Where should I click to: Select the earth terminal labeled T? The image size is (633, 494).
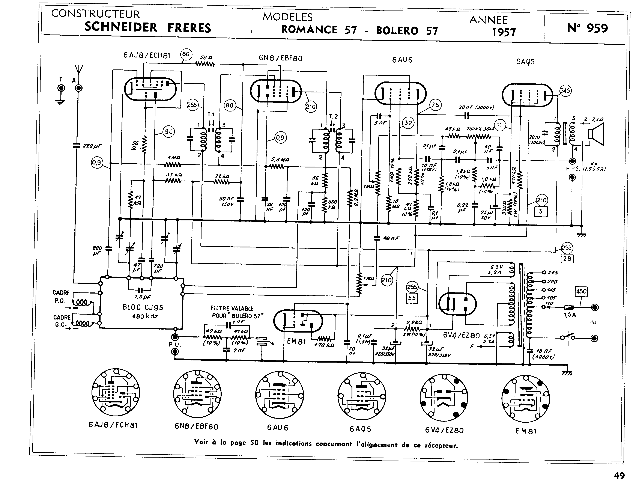tap(61, 88)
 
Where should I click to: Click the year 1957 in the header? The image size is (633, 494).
tap(504, 32)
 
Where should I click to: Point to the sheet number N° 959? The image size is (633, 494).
tap(587, 28)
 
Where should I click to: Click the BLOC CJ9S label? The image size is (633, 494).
tap(143, 307)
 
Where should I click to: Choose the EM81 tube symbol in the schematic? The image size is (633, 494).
tap(298, 321)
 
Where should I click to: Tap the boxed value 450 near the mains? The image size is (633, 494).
tap(581, 291)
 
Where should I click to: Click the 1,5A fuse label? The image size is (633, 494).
tap(569, 315)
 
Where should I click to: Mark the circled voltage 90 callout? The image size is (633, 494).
tap(168, 132)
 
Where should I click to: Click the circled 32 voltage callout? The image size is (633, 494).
tap(408, 123)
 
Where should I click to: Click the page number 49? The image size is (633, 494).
tap(619, 476)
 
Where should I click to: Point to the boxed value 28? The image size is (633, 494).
tap(567, 258)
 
